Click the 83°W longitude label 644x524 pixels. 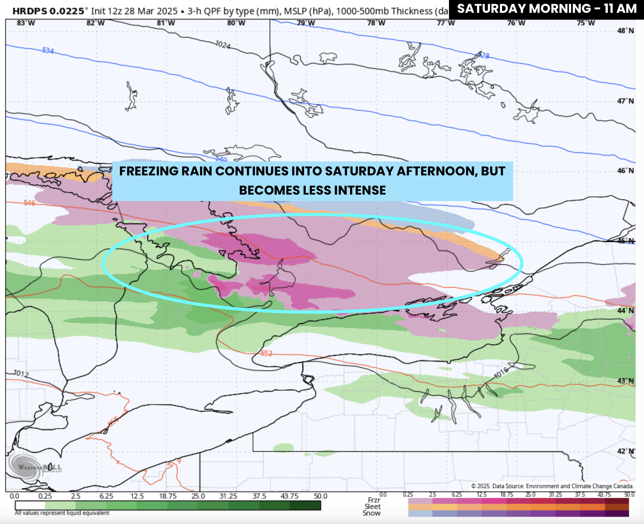(x=26, y=23)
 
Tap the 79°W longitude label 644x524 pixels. (x=306, y=23)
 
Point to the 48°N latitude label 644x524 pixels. (x=625, y=31)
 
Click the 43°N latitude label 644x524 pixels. (x=625, y=381)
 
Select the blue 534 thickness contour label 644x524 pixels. (x=48, y=50)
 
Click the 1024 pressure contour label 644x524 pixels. (x=223, y=45)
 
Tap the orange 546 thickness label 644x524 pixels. (x=29, y=203)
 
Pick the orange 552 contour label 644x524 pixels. (x=266, y=353)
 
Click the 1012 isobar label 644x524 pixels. (x=21, y=373)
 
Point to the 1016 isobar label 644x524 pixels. (x=501, y=373)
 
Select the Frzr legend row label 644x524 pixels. (x=374, y=500)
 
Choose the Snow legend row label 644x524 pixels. (x=371, y=513)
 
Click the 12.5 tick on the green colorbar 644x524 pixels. (x=137, y=496)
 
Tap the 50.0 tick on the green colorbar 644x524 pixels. (x=320, y=496)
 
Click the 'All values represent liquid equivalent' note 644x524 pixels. (x=62, y=513)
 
